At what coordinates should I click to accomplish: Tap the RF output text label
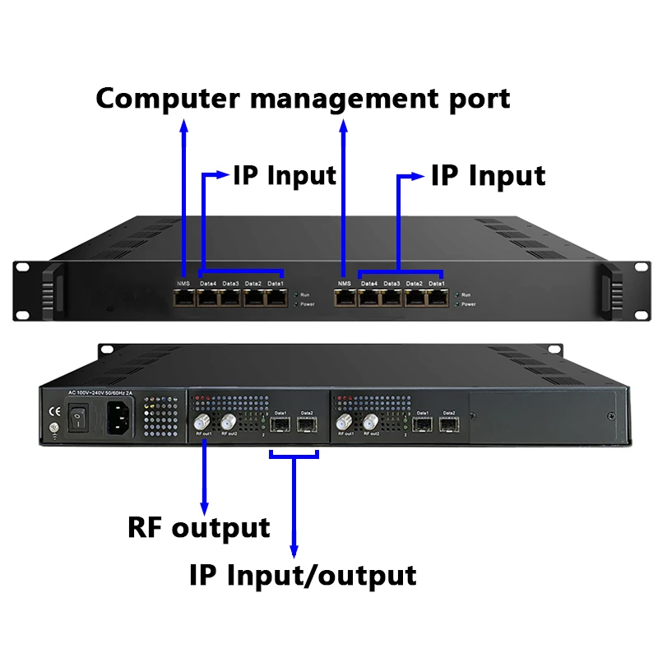point(198,527)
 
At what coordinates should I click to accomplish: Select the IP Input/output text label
point(302,574)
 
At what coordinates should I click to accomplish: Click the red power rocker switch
point(77,421)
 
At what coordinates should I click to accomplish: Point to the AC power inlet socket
point(118,421)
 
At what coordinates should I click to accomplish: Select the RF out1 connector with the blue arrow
point(201,424)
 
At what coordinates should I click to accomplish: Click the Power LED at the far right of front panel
point(456,304)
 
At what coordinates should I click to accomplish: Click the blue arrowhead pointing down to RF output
point(204,503)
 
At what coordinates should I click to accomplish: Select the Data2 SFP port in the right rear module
point(448,425)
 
